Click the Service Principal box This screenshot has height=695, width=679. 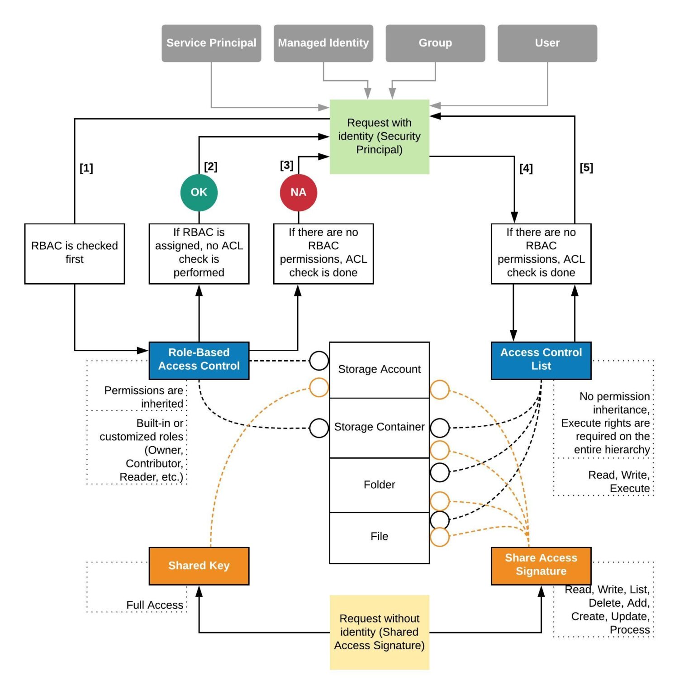click(x=211, y=43)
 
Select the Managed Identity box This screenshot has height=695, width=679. click(x=323, y=43)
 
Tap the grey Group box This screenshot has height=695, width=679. click(x=435, y=43)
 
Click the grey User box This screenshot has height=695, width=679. click(x=547, y=43)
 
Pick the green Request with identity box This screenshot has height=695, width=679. click(x=379, y=136)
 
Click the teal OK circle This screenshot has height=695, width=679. click(x=199, y=192)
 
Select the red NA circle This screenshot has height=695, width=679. click(x=298, y=192)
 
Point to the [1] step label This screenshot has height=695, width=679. click(x=86, y=168)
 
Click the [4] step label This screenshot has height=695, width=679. click(x=526, y=168)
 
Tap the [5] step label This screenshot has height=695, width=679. click(x=586, y=168)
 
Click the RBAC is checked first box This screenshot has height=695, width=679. click(x=74, y=253)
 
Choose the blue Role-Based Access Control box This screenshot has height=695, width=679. click(x=199, y=360)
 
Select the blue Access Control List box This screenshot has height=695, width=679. click(x=541, y=360)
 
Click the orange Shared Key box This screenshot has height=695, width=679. click(x=199, y=566)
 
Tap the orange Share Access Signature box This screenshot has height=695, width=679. click(x=541, y=565)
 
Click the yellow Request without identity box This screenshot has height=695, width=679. click(x=379, y=632)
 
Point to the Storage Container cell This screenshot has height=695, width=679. click(x=379, y=427)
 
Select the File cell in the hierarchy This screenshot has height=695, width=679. click(x=379, y=537)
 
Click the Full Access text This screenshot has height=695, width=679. click(x=155, y=605)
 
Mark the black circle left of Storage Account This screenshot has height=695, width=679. click(x=318, y=361)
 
